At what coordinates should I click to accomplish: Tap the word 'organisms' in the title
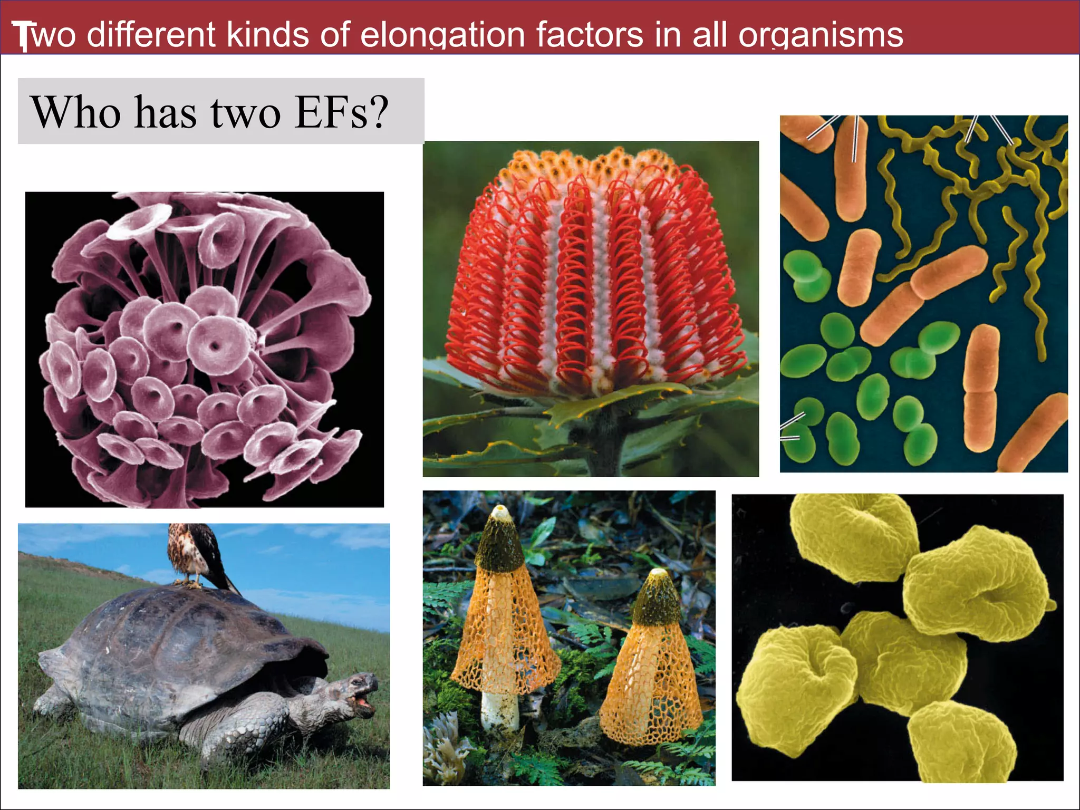[821, 35]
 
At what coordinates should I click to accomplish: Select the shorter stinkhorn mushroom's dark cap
[657, 601]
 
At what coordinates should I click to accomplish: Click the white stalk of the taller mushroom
[499, 709]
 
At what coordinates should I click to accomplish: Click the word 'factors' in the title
[590, 35]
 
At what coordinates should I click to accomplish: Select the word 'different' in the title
[151, 35]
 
